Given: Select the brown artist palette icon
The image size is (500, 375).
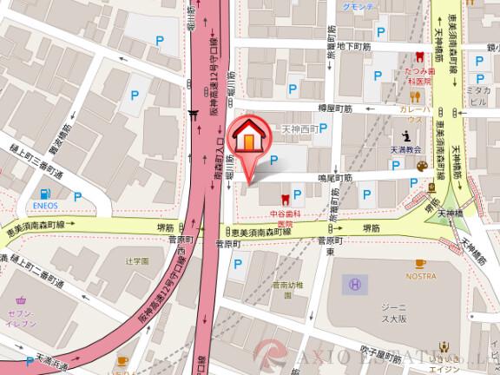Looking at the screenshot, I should [x=422, y=166].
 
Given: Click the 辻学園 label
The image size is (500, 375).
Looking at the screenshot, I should [x=137, y=260].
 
